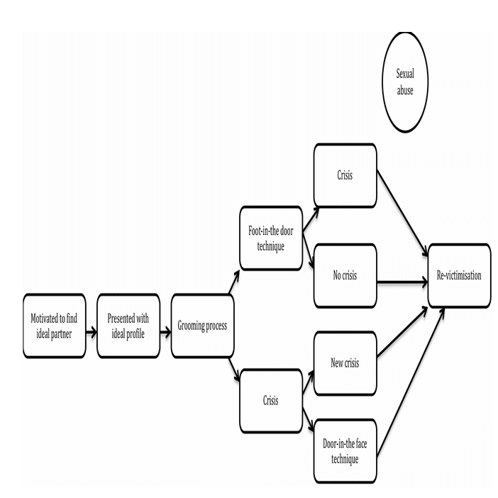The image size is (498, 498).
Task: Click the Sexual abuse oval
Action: (x=405, y=82)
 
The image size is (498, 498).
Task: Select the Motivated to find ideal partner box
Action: (x=55, y=326)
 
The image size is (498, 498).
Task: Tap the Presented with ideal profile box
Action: (x=128, y=326)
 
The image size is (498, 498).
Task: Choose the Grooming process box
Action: (x=203, y=326)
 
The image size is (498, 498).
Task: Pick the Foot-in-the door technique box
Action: (x=271, y=238)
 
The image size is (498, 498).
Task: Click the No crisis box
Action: (x=345, y=276)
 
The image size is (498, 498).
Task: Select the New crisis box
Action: (x=345, y=363)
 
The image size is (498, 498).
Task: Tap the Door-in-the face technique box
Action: (x=345, y=451)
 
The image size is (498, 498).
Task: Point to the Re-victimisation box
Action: (x=459, y=276)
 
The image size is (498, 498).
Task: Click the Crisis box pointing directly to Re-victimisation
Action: (x=345, y=176)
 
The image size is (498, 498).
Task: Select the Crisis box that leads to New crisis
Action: (x=271, y=401)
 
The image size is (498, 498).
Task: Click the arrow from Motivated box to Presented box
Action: (x=92, y=333)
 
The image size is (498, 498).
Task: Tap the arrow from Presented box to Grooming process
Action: (x=165, y=333)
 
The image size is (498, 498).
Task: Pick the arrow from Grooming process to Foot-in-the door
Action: (x=234, y=282)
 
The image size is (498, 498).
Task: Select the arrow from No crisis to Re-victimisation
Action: (x=402, y=282)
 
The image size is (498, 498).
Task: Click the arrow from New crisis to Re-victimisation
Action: (x=402, y=331)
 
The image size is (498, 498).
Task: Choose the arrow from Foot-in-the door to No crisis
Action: (x=308, y=251)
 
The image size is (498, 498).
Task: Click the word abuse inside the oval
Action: (x=405, y=91)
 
